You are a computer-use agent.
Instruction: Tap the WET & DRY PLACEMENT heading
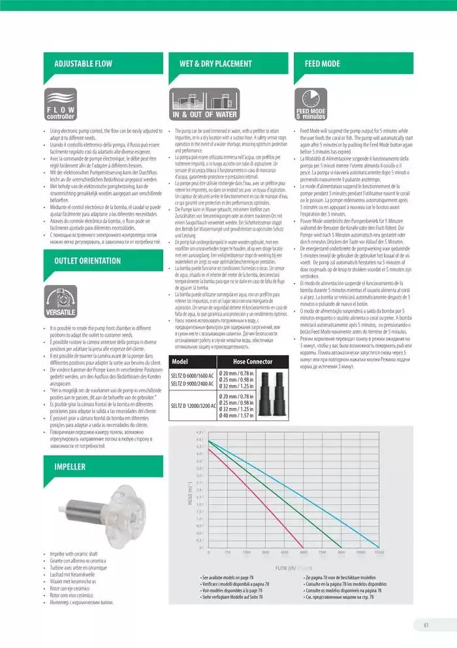click(215, 63)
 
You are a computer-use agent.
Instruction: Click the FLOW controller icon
click(61, 103)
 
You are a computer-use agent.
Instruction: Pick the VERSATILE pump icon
click(61, 300)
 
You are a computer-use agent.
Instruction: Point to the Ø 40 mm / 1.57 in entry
click(236, 415)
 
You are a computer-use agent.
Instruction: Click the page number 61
click(426, 624)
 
